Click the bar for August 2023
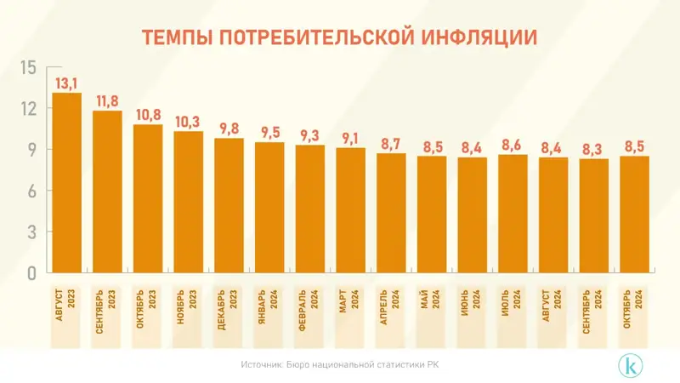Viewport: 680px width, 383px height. pyautogui.click(x=67, y=183)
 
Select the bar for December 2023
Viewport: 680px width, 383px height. pyautogui.click(x=229, y=205)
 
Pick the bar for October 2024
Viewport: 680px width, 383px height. pyautogui.click(x=635, y=214)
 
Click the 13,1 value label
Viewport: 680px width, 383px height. pyautogui.click(x=67, y=83)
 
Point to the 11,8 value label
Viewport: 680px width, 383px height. pyautogui.click(x=108, y=101)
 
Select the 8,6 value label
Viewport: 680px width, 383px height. pyautogui.click(x=513, y=146)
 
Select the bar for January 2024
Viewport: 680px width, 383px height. pyautogui.click(x=270, y=208)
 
